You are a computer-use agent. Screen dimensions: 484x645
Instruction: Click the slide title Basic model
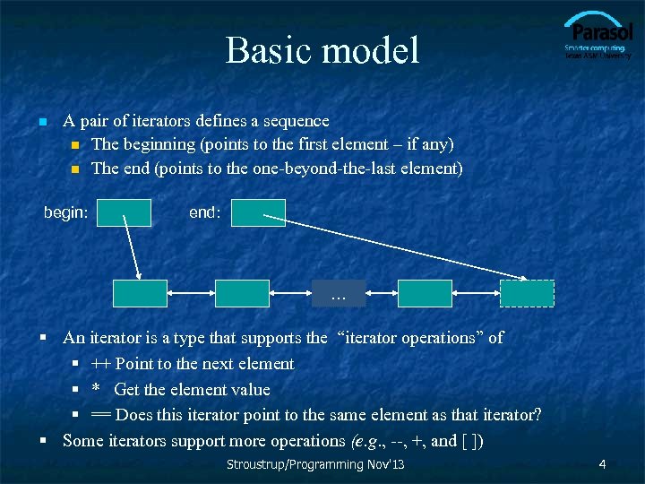pos(322,50)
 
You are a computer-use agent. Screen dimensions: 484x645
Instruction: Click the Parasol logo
pos(598,36)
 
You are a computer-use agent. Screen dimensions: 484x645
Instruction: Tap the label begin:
pos(66,212)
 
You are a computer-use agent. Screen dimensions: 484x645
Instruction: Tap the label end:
pos(204,212)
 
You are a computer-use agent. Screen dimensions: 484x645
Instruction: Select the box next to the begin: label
pos(125,212)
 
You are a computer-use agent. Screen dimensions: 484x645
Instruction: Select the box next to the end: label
pos(259,212)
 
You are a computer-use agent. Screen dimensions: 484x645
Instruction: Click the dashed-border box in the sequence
pos(527,293)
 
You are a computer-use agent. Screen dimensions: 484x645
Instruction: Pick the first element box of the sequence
pos(140,293)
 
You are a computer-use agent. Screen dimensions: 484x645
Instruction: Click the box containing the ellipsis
pos(338,293)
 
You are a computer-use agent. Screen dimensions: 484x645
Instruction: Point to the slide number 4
pos(603,464)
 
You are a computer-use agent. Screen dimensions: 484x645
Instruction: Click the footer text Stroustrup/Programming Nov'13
pos(315,464)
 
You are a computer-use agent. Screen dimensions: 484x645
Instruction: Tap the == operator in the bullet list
pos(101,416)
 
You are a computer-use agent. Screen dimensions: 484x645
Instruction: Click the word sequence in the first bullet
pos(298,121)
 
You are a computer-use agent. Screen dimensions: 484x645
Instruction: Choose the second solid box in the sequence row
pos(242,293)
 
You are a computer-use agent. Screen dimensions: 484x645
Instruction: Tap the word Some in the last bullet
pos(82,441)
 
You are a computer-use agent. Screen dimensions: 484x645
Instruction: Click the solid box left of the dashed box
pos(425,293)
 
